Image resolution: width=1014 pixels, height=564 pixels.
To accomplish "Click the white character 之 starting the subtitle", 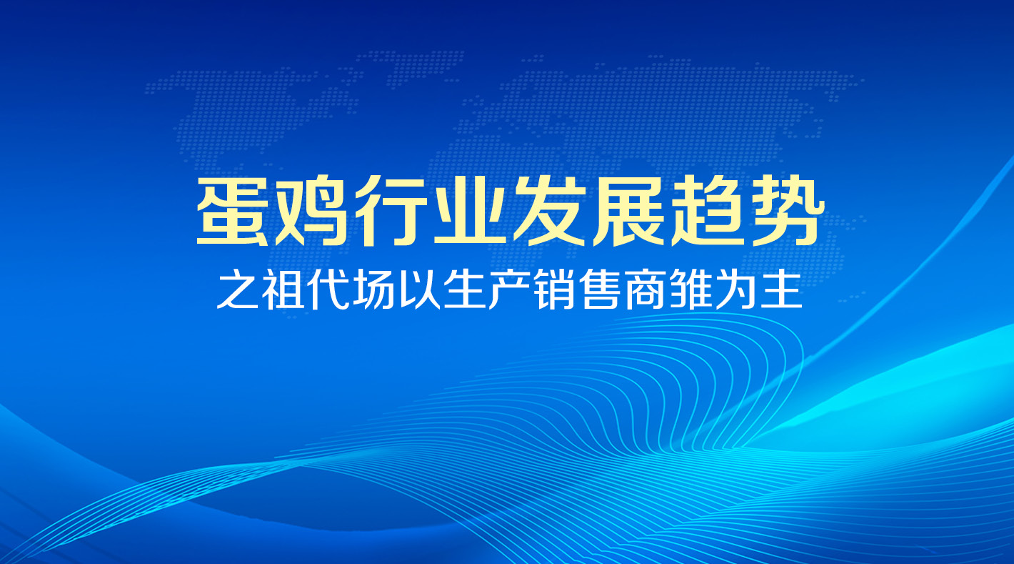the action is pos(238,289).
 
